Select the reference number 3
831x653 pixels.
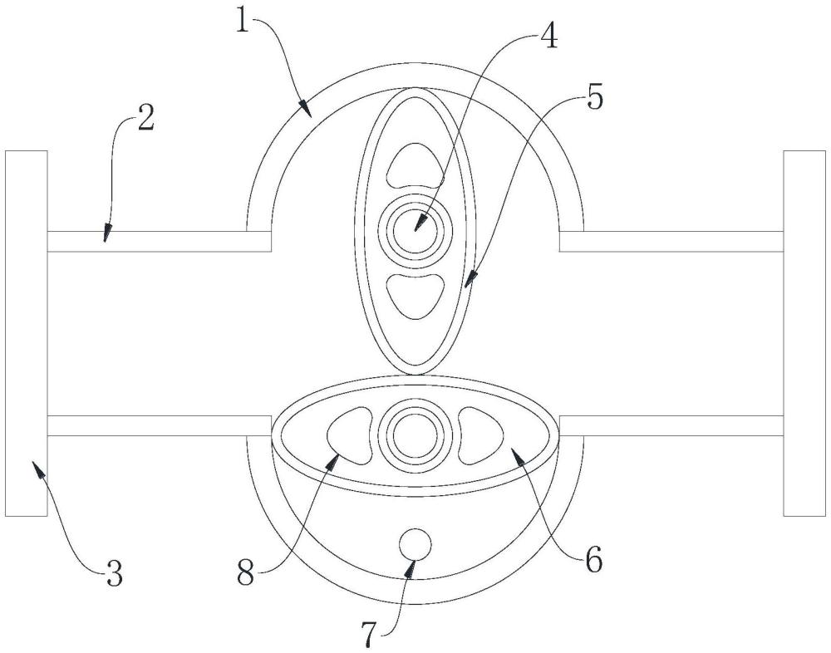coord(113,573)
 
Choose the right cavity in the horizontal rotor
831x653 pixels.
coord(479,434)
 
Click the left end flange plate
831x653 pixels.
coord(26,332)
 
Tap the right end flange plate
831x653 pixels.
coord(804,332)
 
